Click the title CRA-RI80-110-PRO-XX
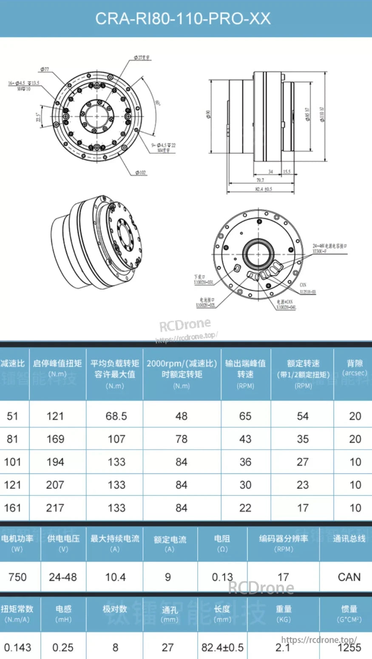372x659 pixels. point(183,19)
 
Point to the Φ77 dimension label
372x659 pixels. point(45,69)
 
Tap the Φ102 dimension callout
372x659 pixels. point(140,173)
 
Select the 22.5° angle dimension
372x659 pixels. point(38,117)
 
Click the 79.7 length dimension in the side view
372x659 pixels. point(260,180)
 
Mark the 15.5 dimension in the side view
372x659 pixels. point(287,172)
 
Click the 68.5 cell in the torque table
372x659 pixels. point(116,416)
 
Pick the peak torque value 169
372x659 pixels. point(55,439)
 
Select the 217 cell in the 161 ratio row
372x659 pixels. point(55,508)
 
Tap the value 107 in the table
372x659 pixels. point(116,439)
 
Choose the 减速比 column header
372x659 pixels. point(13,364)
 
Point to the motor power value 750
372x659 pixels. point(17,577)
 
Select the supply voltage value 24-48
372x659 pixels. point(63,577)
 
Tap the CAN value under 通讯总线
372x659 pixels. point(349,577)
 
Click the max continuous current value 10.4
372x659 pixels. point(115,577)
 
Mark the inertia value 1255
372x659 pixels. point(349,648)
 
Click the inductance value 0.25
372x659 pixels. point(63,648)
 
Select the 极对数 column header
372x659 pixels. point(115,609)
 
